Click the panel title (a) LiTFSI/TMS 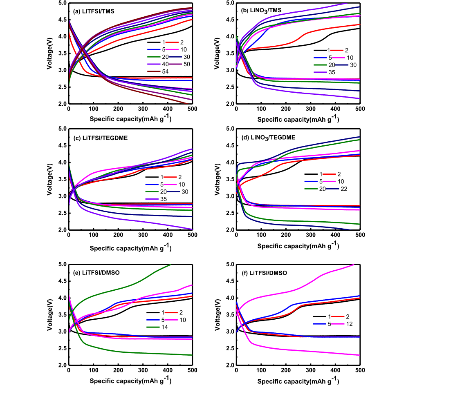point(94,11)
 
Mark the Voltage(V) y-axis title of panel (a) point(49,53)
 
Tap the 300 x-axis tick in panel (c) point(143,235)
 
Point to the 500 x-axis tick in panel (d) point(360,235)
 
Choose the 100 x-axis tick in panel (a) point(94,109)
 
